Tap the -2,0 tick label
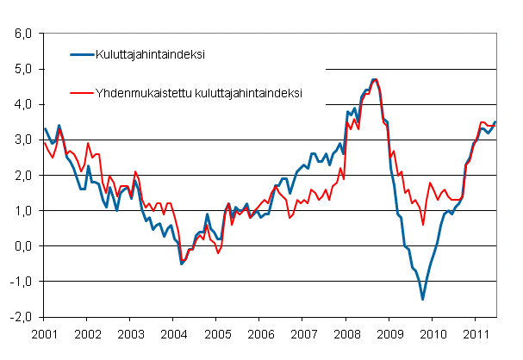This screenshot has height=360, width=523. point(22,317)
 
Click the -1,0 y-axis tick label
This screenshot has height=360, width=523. point(22,282)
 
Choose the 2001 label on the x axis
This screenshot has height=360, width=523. point(45,332)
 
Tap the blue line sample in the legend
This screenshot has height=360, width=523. point(84,55)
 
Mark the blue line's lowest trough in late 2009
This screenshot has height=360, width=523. point(422,299)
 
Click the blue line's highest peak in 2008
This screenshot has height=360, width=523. point(374,79)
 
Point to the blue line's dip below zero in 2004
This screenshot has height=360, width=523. point(181,264)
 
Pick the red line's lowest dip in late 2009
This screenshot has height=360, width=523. point(422,224)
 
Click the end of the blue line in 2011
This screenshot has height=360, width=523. point(495,122)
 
